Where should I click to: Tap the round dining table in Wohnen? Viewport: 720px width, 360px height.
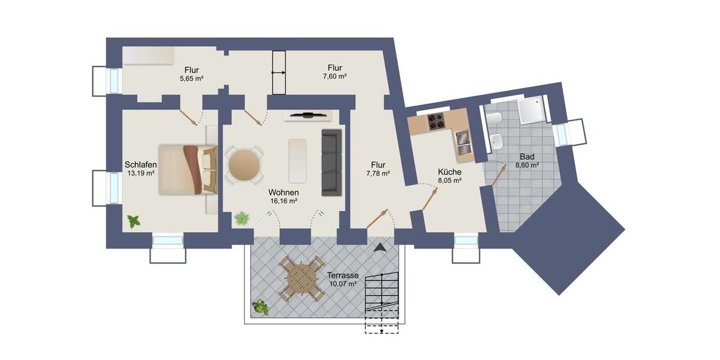pyautogui.click(x=244, y=165)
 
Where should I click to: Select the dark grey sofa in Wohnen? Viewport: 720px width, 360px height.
pyautogui.click(x=331, y=162)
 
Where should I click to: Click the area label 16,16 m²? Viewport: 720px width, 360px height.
pyautogui.click(x=284, y=202)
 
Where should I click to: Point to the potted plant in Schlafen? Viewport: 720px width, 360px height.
pyautogui.click(x=133, y=221)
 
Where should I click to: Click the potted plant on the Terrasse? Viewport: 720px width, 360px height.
pyautogui.click(x=260, y=307)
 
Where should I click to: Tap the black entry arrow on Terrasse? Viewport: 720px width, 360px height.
pyautogui.click(x=380, y=246)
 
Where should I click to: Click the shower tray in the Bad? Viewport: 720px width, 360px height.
pyautogui.click(x=531, y=110)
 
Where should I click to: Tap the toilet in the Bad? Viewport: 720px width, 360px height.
pyautogui.click(x=495, y=119)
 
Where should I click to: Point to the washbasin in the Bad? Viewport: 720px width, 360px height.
pyautogui.click(x=497, y=142)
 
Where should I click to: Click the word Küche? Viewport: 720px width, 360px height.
pyautogui.click(x=449, y=171)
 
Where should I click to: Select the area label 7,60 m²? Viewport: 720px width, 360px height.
pyautogui.click(x=335, y=76)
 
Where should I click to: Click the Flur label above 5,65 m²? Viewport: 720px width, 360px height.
pyautogui.click(x=191, y=70)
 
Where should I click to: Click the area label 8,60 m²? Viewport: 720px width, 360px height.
pyautogui.click(x=527, y=164)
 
